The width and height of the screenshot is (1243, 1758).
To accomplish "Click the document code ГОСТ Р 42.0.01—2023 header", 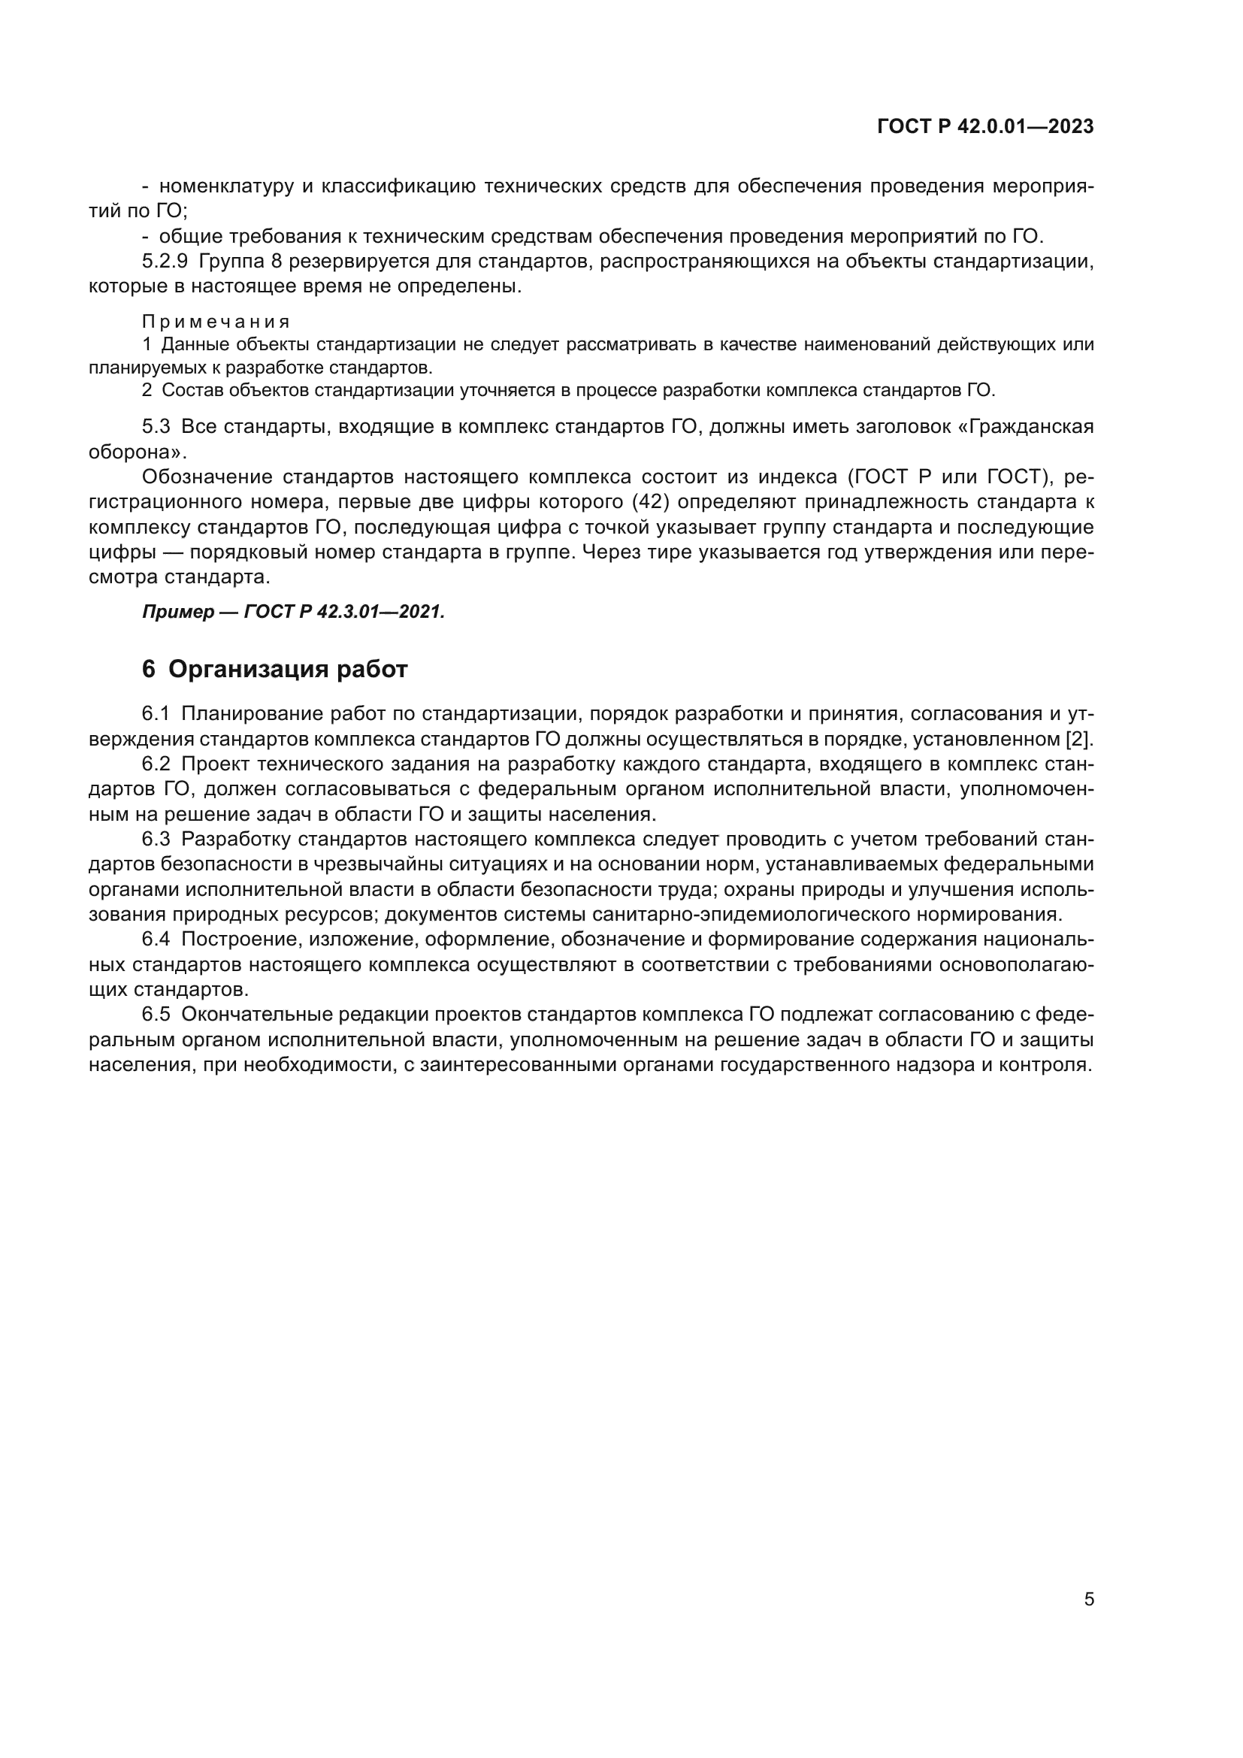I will coord(985,127).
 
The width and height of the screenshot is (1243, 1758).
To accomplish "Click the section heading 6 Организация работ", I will coord(275,669).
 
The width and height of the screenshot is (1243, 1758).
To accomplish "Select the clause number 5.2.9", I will coord(165,261).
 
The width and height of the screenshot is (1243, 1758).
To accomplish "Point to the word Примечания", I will coord(216,322).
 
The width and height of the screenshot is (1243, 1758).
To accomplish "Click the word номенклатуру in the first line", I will coord(226,186).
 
